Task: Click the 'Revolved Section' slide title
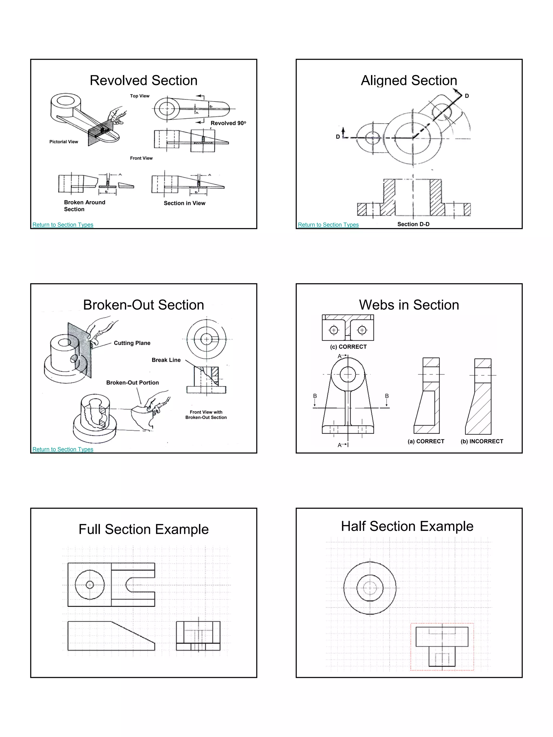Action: (143, 81)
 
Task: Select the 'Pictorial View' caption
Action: (64, 142)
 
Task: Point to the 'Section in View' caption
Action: (184, 203)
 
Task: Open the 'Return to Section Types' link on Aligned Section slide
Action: (328, 225)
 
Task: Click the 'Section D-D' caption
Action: (413, 224)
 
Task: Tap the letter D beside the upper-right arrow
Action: (467, 96)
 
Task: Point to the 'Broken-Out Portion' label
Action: (132, 382)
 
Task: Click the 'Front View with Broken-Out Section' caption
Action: (206, 415)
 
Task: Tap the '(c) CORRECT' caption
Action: (348, 347)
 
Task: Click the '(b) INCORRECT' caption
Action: (482, 441)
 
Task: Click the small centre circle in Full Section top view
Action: (90, 585)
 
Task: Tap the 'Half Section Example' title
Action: (407, 527)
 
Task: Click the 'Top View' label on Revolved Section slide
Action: (140, 96)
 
